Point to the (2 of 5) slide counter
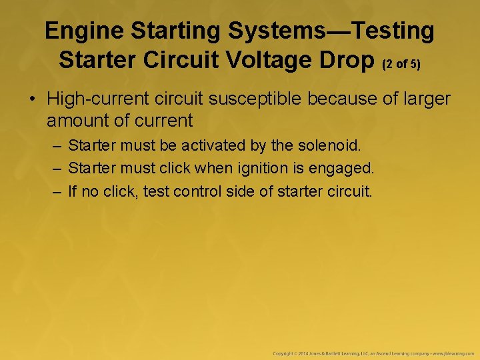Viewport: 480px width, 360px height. [402, 63]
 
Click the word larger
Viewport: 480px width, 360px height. [423, 99]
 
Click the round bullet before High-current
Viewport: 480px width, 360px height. [32, 100]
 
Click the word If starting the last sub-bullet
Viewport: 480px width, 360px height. [73, 192]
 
